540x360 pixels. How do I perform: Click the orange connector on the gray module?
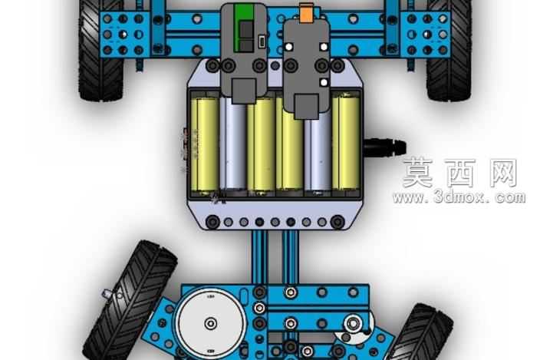[306, 13]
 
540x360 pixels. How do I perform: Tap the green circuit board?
[244, 28]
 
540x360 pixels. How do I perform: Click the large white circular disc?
[211, 323]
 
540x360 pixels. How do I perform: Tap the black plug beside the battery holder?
[385, 147]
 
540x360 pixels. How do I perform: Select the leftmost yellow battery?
[205, 144]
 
